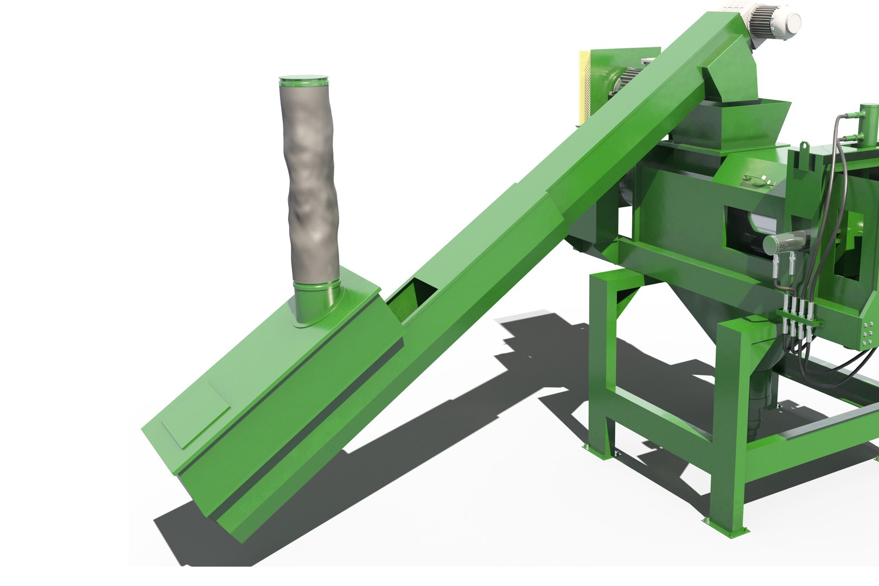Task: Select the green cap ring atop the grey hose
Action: [x=304, y=81]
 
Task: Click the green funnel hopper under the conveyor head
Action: [x=727, y=122]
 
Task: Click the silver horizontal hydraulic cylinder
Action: [x=784, y=241]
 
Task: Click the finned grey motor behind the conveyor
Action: [x=629, y=76]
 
